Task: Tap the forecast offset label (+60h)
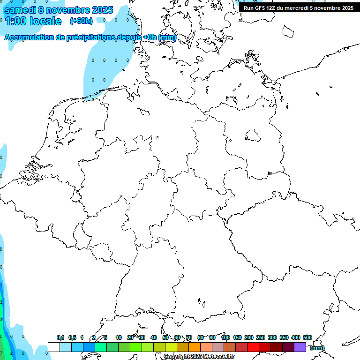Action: pyautogui.click(x=81, y=21)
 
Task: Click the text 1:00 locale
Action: pyautogui.click(x=33, y=21)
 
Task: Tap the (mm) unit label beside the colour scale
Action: pyautogui.click(x=317, y=348)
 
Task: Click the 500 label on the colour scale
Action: pyautogui.click(x=307, y=337)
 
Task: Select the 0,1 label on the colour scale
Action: pyautogui.click(x=60, y=337)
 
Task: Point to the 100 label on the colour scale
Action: pyautogui.click(x=225, y=337)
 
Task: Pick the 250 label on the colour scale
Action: pyautogui.click(x=261, y=337)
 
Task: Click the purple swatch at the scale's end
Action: pyautogui.click(x=300, y=347)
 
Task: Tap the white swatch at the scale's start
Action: pyautogui.click(x=54, y=347)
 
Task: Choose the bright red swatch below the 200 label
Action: pyautogui.click(x=253, y=347)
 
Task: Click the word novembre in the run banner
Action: pyautogui.click(x=325, y=8)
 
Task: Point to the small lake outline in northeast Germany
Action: pyautogui.click(x=253, y=135)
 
